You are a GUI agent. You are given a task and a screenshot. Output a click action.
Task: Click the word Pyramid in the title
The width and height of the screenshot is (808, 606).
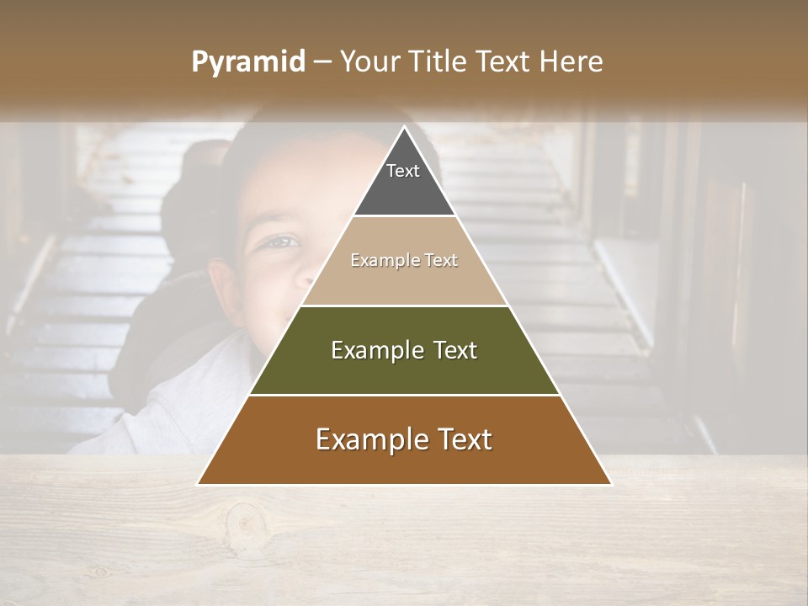click(247, 62)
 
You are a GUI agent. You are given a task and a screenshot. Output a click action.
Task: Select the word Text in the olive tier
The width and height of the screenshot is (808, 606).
click(456, 350)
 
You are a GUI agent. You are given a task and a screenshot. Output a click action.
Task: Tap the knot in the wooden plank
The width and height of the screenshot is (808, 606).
click(245, 524)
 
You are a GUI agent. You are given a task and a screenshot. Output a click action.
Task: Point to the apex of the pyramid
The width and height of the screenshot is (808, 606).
click(404, 127)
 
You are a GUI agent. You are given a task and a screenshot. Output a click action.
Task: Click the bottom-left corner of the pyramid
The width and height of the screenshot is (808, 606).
click(199, 484)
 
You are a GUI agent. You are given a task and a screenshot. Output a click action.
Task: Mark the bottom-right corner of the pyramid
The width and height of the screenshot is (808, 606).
click(610, 484)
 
